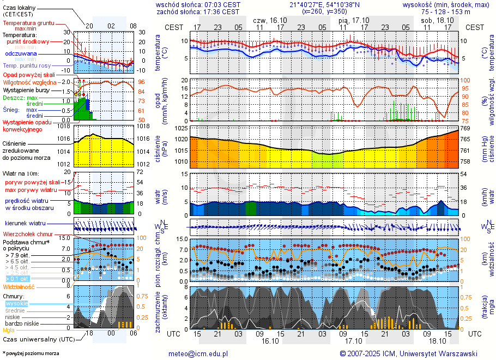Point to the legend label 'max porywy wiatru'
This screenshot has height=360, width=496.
[31, 190]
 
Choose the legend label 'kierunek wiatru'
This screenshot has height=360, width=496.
[25, 224]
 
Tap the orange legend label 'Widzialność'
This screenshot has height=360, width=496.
[19, 286]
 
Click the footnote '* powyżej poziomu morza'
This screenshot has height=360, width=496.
[31, 353]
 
